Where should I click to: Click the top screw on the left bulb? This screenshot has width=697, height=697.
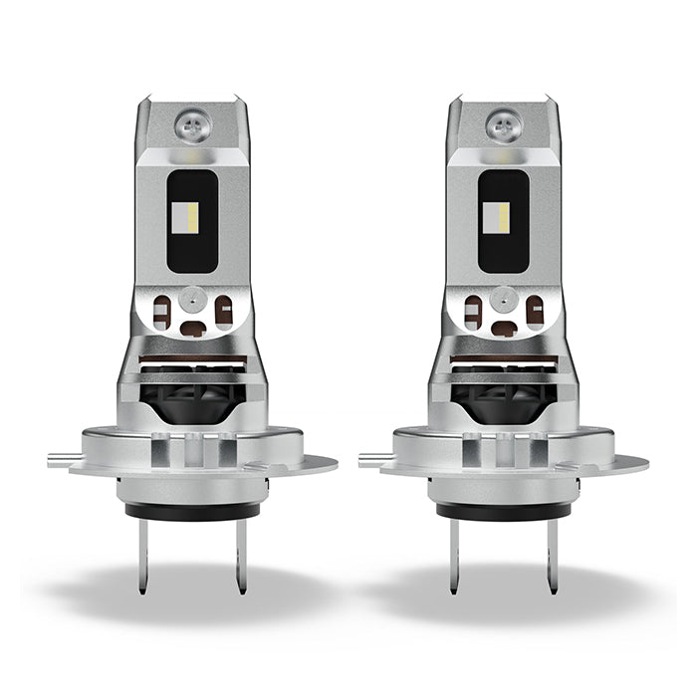(191, 124)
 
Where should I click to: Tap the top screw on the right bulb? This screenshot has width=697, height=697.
(502, 124)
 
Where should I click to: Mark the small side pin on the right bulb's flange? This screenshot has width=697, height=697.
(369, 457)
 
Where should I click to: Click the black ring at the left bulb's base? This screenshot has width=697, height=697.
(191, 509)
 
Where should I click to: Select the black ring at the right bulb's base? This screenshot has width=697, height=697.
(502, 509)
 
